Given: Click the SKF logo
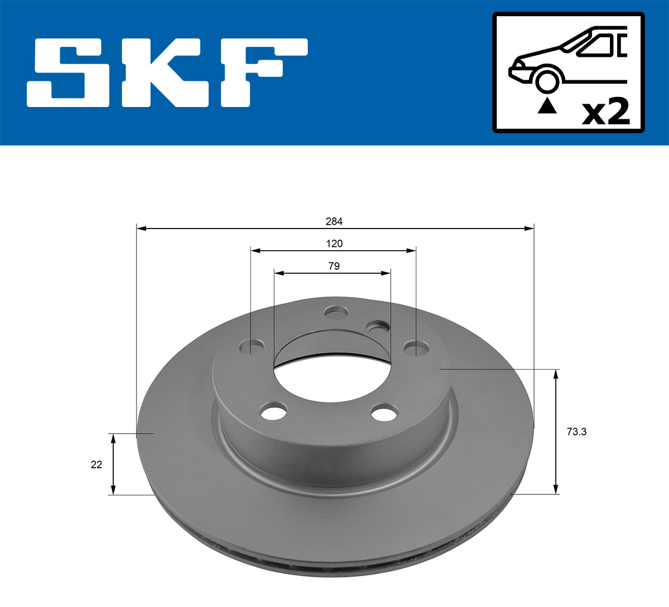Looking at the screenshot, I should [x=167, y=72].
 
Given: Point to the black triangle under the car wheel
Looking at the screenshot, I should [x=547, y=106].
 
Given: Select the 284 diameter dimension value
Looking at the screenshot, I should [x=334, y=221].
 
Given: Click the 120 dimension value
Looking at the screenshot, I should [x=334, y=244].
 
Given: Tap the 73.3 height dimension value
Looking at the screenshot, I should [x=576, y=431].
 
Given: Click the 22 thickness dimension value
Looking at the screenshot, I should [x=96, y=464].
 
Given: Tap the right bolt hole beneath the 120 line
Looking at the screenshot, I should [x=416, y=348].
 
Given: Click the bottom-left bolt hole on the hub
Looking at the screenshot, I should [x=273, y=413].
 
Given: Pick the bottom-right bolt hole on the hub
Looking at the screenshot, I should [x=384, y=414].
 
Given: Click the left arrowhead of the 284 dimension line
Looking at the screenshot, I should [x=141, y=228].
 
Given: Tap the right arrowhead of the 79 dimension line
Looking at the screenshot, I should [x=386, y=273].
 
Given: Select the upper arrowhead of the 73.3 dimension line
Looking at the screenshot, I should [x=555, y=374].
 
